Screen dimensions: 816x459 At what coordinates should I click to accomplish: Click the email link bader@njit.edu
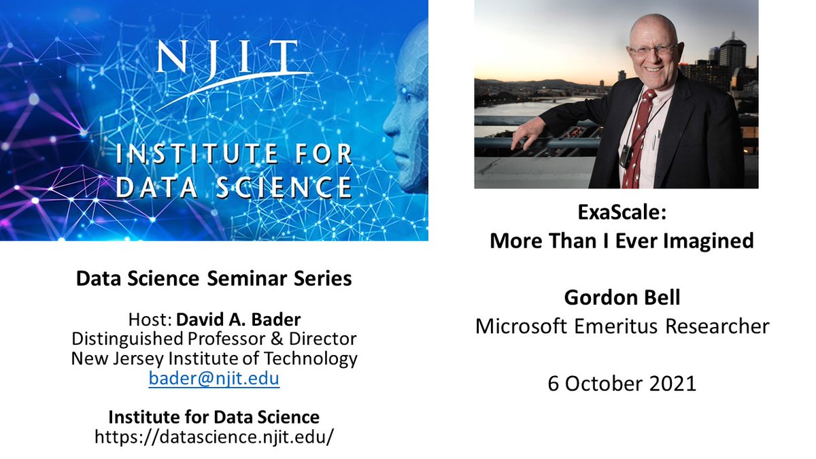(214, 379)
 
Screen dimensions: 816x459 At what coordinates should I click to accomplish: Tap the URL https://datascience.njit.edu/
(214, 437)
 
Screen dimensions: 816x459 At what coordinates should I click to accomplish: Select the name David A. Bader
(239, 320)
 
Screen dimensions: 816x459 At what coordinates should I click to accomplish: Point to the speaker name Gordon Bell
(622, 297)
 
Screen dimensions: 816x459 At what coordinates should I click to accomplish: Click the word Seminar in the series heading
(248, 279)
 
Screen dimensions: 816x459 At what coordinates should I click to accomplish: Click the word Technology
(310, 358)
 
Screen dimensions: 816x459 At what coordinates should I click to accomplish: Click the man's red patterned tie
(639, 139)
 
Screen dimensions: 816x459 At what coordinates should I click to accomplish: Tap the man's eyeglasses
(653, 50)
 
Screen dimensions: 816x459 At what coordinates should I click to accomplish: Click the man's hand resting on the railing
(524, 134)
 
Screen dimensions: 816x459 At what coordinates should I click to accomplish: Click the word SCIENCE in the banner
(284, 187)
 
